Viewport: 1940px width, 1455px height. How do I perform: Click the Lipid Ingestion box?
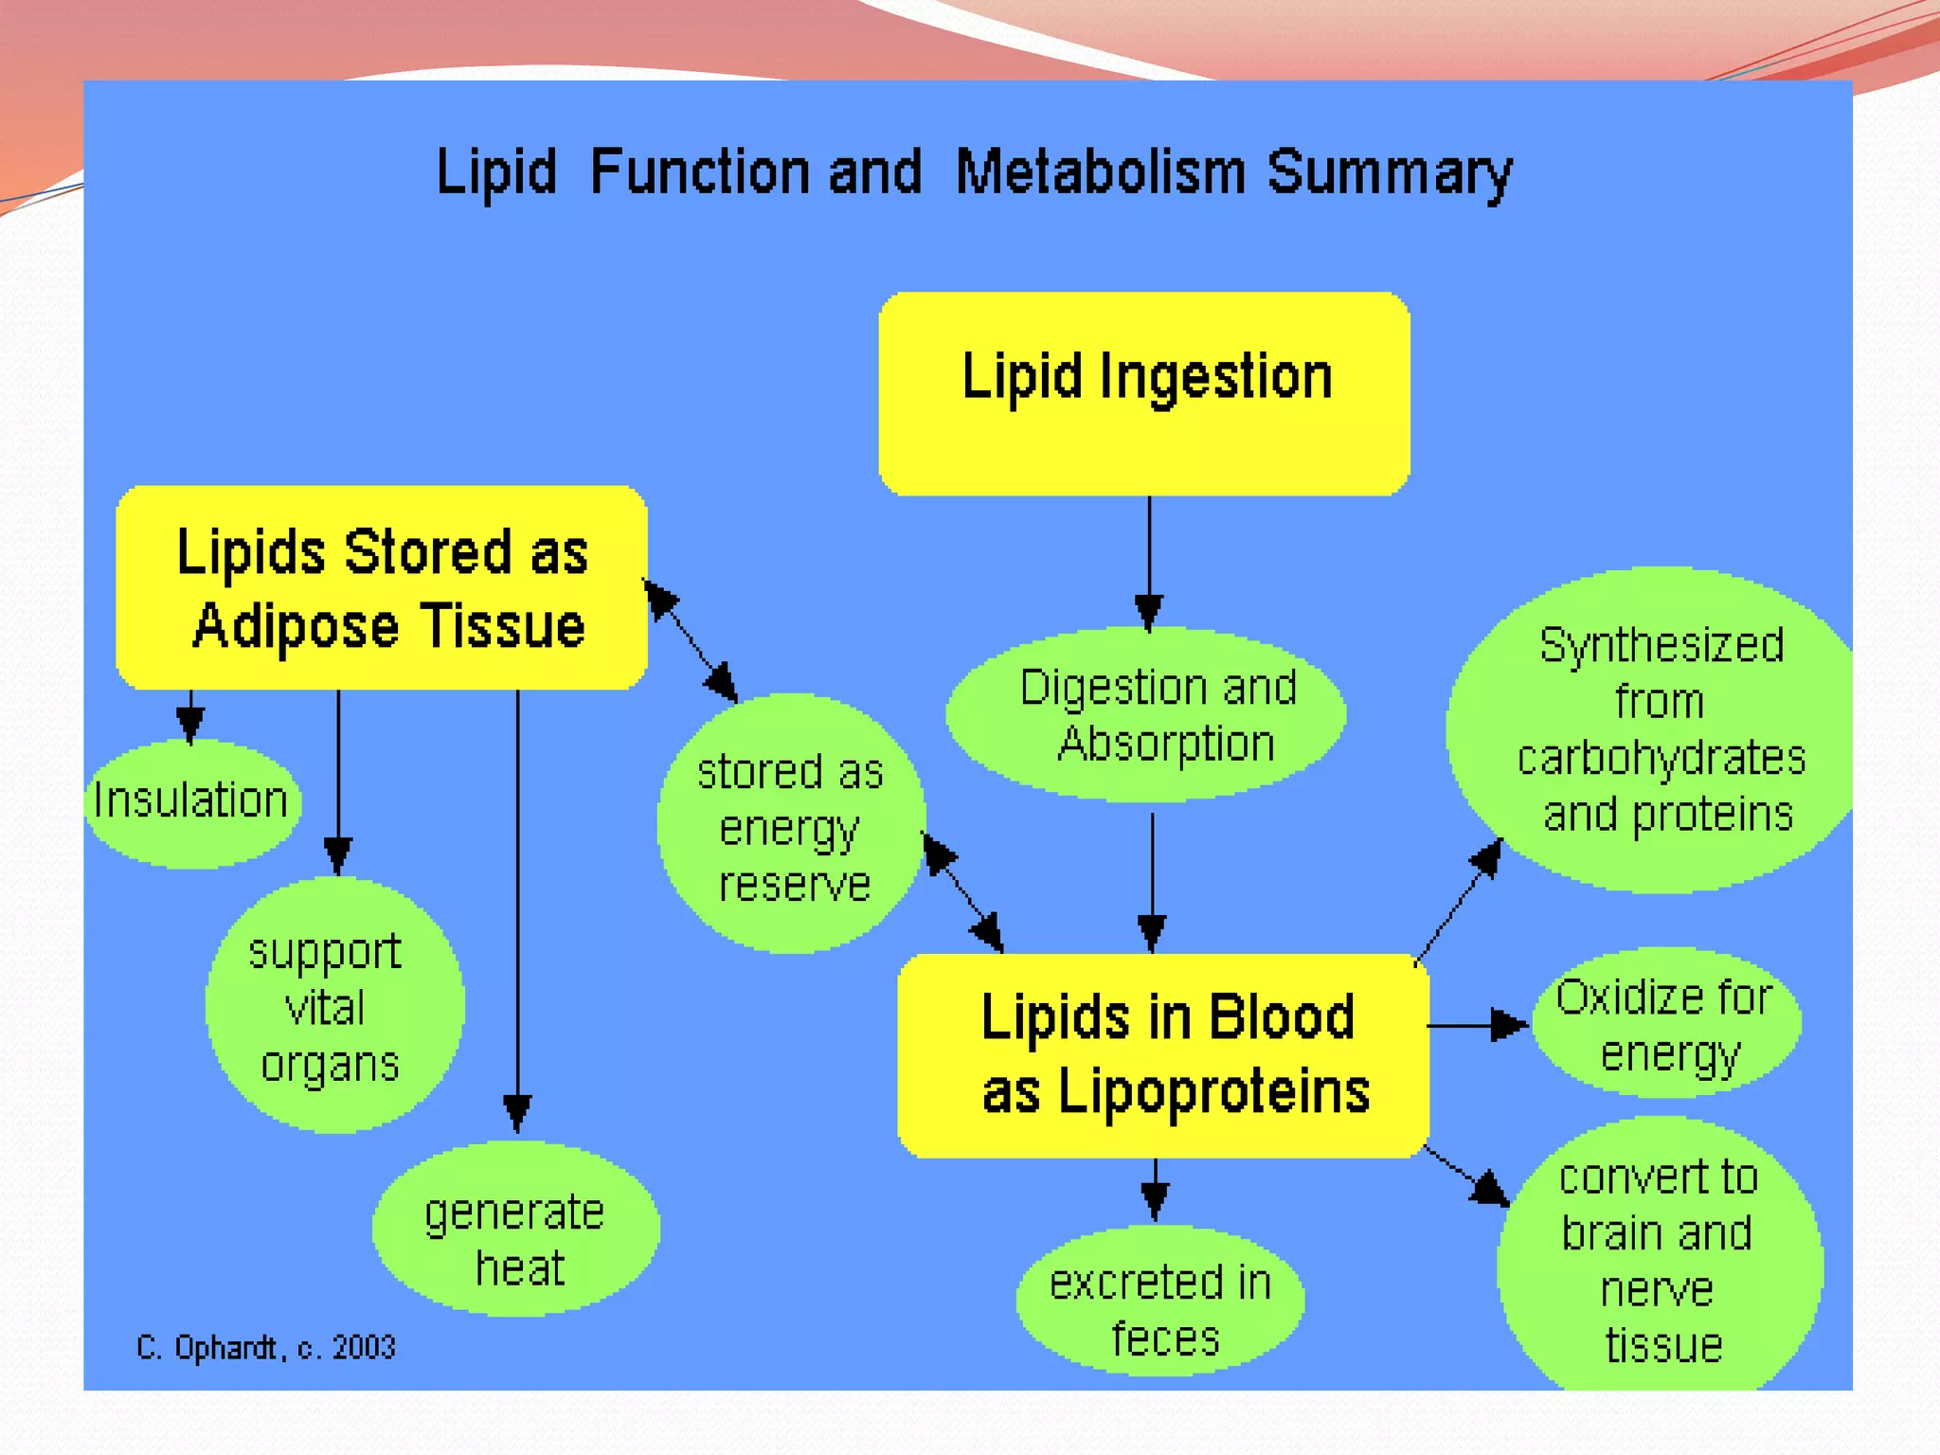[1144, 393]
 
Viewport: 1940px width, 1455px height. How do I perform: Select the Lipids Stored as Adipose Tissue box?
[382, 587]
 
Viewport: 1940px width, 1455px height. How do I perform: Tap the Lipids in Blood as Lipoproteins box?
[1163, 1055]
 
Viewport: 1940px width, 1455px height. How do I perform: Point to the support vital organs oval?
[333, 1006]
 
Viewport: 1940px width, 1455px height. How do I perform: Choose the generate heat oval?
[516, 1230]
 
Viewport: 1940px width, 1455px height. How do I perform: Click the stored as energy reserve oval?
[791, 824]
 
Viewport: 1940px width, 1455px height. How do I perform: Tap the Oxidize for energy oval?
[1665, 1024]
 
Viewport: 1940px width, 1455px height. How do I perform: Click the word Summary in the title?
[1389, 173]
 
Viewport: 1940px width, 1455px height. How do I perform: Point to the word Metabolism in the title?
[1101, 172]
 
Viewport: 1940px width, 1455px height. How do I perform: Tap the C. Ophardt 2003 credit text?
[265, 1347]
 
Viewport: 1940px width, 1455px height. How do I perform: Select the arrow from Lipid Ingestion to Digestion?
[1149, 559]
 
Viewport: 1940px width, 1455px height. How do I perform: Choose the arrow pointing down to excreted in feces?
[1155, 1189]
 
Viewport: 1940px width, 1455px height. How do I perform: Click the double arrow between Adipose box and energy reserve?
[690, 640]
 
